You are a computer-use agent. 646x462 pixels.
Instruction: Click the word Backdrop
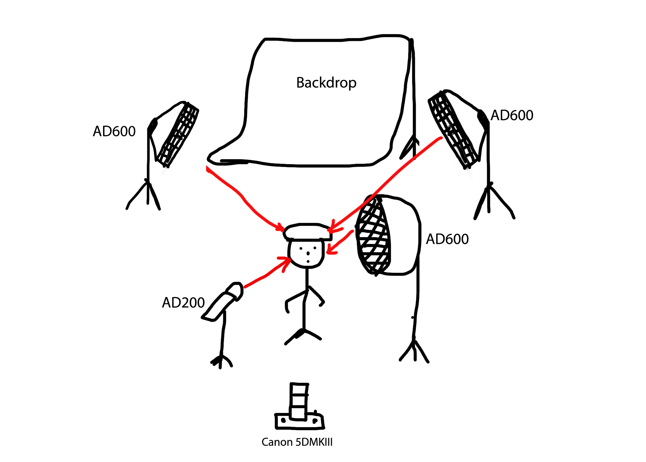click(326, 83)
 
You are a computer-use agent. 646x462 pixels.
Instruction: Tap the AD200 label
click(183, 303)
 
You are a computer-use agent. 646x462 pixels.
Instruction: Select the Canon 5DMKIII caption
click(297, 442)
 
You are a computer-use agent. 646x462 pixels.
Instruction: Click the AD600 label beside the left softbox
click(114, 132)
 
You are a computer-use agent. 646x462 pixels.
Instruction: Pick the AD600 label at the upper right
click(512, 115)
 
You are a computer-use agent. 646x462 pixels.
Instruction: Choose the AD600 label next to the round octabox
click(447, 239)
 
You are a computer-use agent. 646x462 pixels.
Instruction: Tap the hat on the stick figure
click(308, 232)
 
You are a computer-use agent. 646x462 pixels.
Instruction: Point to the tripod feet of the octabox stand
click(414, 351)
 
